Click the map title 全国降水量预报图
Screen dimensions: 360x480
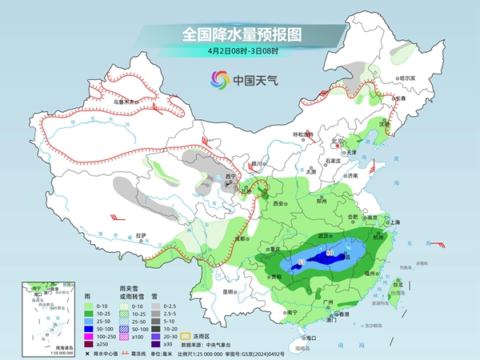tap(239, 34)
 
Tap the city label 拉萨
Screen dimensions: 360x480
tap(142, 235)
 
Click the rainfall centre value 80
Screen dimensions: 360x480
tap(330, 254)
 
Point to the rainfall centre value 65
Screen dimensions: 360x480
tap(300, 262)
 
